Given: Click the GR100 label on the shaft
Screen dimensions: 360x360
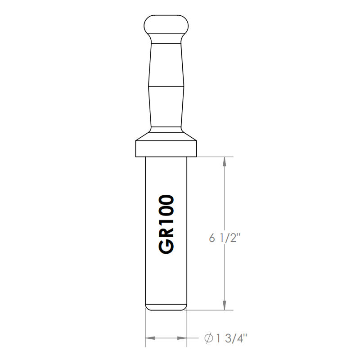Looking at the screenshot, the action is pos(166,225).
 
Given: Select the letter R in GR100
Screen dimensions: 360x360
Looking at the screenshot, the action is pos(166,233).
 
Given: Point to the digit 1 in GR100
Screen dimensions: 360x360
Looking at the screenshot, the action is pos(166,221).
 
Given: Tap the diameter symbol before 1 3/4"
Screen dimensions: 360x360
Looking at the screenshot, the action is pos(209,338).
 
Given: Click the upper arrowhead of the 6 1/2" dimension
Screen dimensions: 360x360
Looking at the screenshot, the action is pos(224,162).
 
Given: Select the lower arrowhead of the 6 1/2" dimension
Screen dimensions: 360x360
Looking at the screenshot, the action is pos(224,306).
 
